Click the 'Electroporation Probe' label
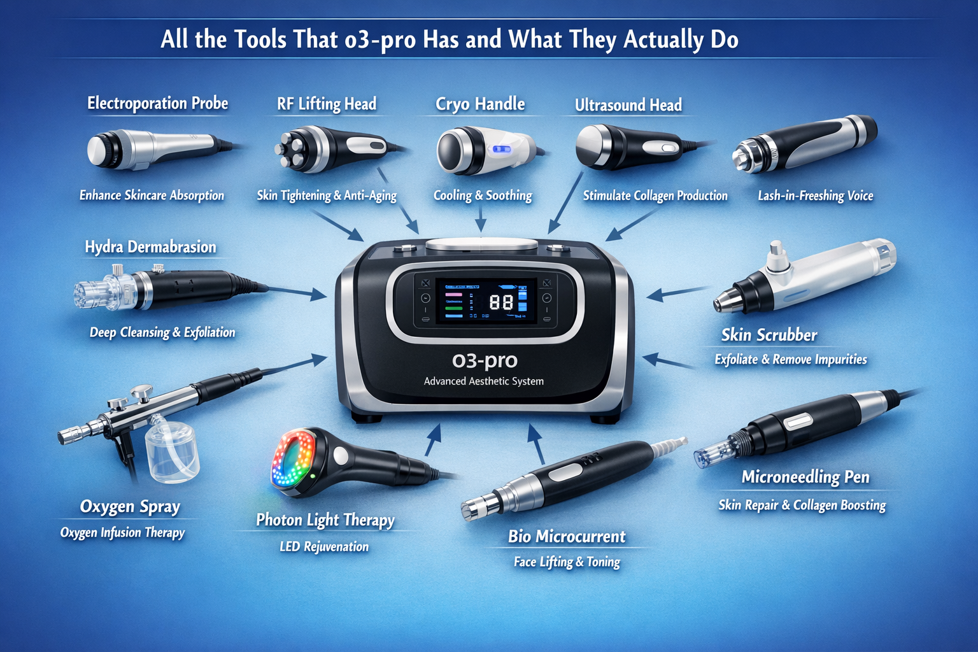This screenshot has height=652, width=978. pos(158,104)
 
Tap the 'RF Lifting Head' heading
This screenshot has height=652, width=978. pos(327,104)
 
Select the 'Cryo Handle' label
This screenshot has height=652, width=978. pos(480,104)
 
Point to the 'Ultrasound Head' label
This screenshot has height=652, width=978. pos(628,105)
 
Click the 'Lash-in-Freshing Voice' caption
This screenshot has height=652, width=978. pos(816,195)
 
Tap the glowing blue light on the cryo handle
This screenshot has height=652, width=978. pos(502,150)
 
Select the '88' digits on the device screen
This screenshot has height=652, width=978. pos(501,302)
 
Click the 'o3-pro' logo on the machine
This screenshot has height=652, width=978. pos(485,361)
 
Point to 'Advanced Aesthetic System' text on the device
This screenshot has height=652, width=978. pos(484,381)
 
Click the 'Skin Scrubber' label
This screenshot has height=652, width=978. pos(769,335)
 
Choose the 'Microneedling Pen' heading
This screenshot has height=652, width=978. pos(805,477)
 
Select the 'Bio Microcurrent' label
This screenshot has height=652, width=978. pos(567,536)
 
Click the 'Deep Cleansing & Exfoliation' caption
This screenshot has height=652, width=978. pos(162,332)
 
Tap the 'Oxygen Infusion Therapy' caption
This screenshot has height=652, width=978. pos(123,533)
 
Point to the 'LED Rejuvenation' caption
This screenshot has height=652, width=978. pos(324,546)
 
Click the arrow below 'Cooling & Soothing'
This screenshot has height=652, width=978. pos(481,219)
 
